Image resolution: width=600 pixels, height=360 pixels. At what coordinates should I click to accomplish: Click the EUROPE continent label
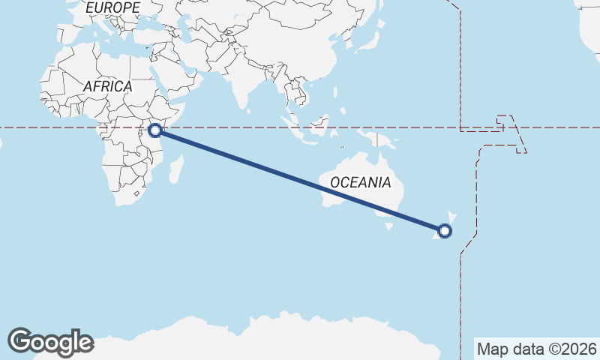tap(112, 7)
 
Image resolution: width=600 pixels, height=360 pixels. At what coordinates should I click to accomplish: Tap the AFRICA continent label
tap(107, 86)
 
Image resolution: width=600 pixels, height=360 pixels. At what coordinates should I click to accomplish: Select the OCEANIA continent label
tap(360, 182)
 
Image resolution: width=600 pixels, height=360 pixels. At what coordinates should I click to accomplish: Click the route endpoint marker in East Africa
tap(155, 130)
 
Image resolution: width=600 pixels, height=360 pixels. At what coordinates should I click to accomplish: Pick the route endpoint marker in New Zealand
tap(445, 230)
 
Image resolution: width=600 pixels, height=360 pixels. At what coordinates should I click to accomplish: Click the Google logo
tap(50, 341)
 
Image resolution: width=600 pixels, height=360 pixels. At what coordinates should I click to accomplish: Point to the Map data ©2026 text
tap(536, 349)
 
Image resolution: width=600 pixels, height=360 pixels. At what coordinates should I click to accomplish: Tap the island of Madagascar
tap(177, 166)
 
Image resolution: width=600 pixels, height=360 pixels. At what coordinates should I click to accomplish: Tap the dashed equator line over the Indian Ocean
tap(225, 127)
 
